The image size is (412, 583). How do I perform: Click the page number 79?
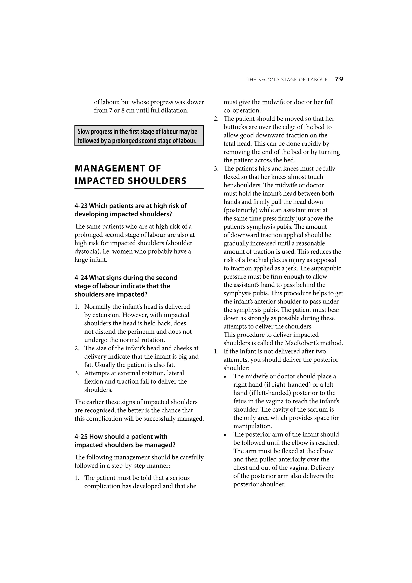tap(339, 79)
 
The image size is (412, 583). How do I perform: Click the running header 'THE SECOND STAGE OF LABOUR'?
tap(287, 80)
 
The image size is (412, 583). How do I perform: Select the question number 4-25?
tap(81, 437)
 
